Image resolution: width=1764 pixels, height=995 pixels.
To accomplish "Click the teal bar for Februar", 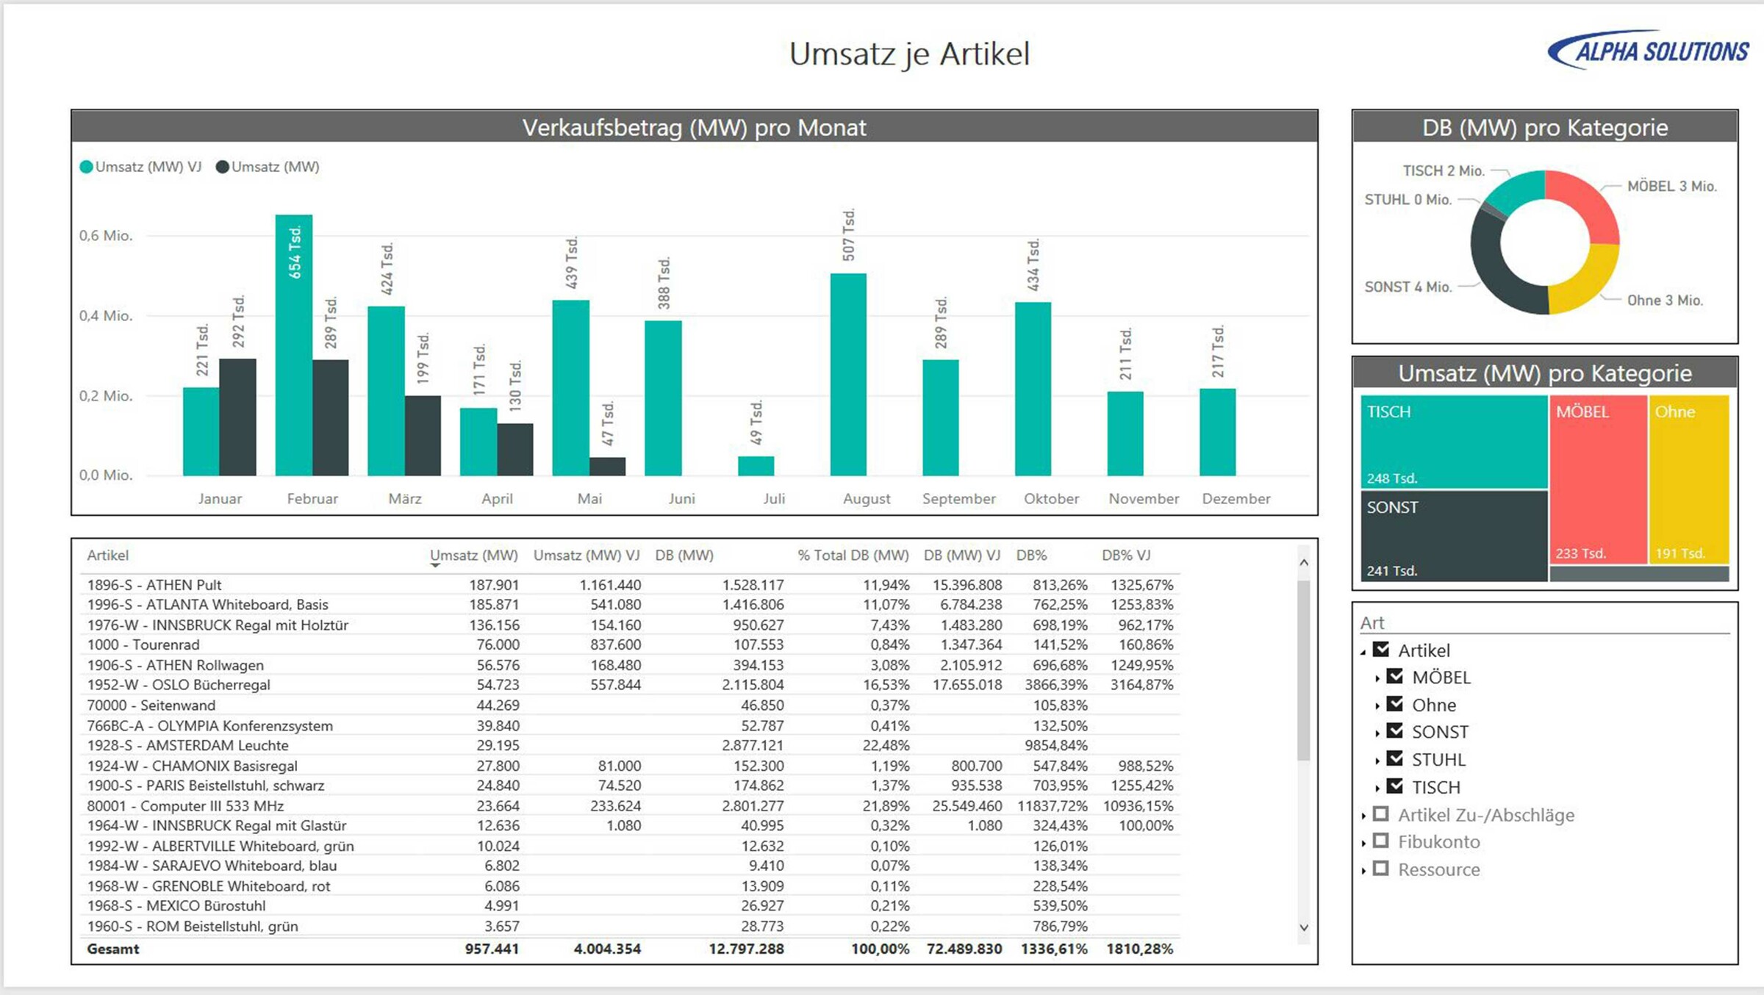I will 293,345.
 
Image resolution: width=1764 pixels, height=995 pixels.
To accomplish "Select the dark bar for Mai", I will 607,467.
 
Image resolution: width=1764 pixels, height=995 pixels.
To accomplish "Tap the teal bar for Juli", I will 756,466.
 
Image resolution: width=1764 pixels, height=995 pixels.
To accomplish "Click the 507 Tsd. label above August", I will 848,235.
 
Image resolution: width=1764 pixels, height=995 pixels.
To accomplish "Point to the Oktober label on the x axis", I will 1051,498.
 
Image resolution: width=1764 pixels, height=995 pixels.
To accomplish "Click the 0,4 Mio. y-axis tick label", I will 106,316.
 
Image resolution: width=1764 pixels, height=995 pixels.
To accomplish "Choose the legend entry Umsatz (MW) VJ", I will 140,167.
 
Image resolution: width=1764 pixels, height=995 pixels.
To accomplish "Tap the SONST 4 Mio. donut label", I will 1408,287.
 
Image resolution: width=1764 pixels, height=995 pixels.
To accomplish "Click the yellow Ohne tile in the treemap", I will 1688,478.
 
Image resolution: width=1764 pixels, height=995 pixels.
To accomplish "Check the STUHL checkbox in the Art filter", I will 1394,758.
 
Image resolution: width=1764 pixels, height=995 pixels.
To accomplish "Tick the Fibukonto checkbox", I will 1381,841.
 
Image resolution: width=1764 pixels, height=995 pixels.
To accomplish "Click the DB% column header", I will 1031,556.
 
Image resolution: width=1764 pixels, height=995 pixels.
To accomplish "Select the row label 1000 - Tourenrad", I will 143,644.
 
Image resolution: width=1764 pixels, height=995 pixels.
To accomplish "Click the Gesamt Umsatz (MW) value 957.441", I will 492,949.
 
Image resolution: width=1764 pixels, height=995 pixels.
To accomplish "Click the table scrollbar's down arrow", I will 1304,927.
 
